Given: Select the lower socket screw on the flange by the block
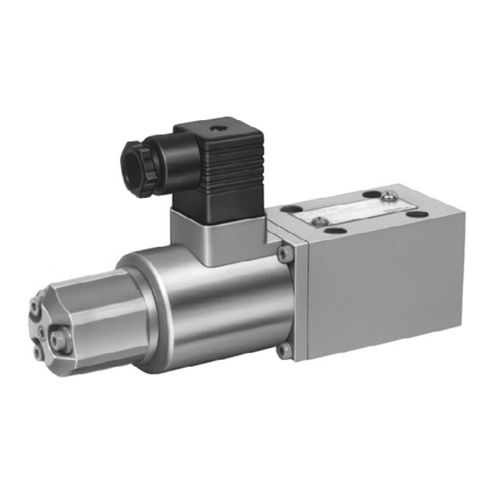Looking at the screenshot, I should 283,351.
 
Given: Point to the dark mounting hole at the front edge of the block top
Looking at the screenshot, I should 337,231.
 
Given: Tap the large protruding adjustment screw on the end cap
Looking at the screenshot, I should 59,338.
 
